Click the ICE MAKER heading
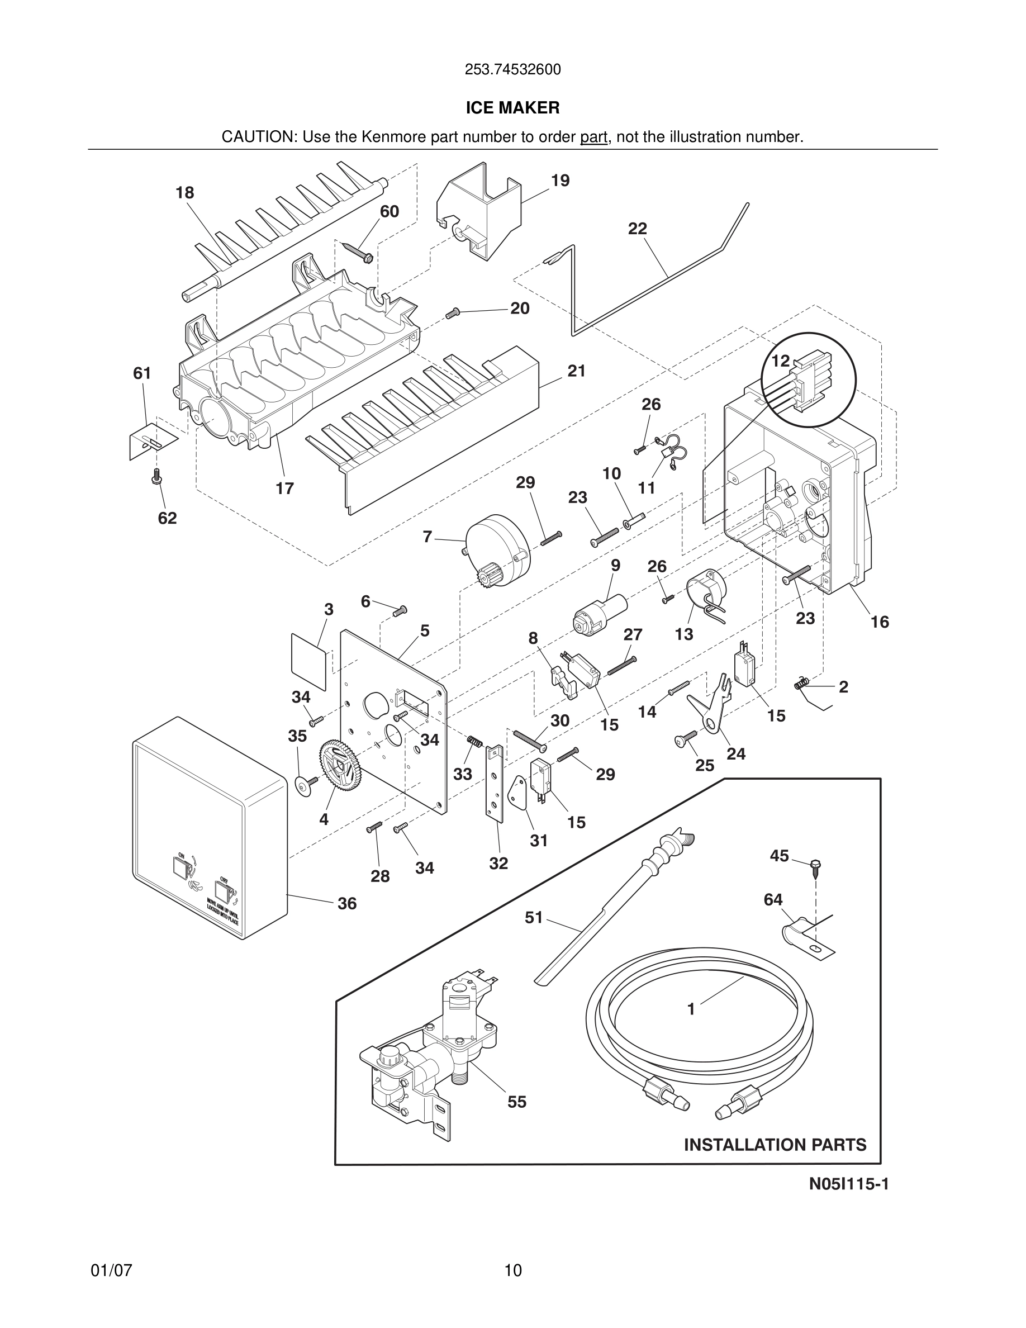[x=512, y=108]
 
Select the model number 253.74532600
[x=512, y=70]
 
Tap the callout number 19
[x=560, y=181]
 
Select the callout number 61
[x=142, y=373]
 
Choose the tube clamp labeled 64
[x=802, y=936]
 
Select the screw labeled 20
[x=452, y=312]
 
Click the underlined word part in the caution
[x=593, y=137]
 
